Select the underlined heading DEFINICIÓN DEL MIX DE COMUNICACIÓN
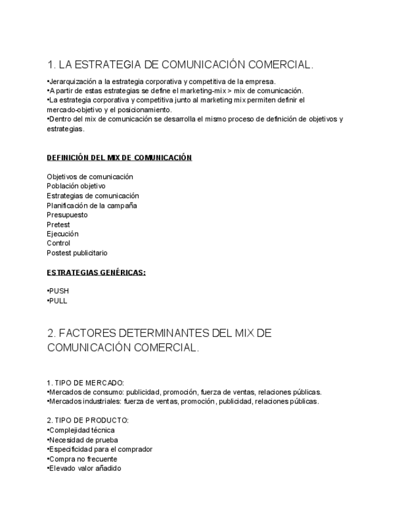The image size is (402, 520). [119, 158]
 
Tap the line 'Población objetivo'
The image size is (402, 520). [76, 186]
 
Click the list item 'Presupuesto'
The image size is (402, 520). [67, 215]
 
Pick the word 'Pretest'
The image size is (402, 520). [58, 224]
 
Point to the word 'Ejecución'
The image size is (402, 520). [63, 234]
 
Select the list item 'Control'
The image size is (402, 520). [58, 243]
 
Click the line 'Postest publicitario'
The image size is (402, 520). [77, 253]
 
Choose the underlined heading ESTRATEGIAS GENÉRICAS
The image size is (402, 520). [96, 272]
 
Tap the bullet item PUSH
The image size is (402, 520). [58, 291]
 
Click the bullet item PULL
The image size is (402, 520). [58, 301]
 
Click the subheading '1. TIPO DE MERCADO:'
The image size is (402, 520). [85, 383]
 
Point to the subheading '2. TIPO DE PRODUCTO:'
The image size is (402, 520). [87, 421]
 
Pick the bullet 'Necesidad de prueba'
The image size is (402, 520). [83, 440]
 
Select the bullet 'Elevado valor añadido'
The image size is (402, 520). [85, 468]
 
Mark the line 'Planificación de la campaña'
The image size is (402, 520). [91, 205]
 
